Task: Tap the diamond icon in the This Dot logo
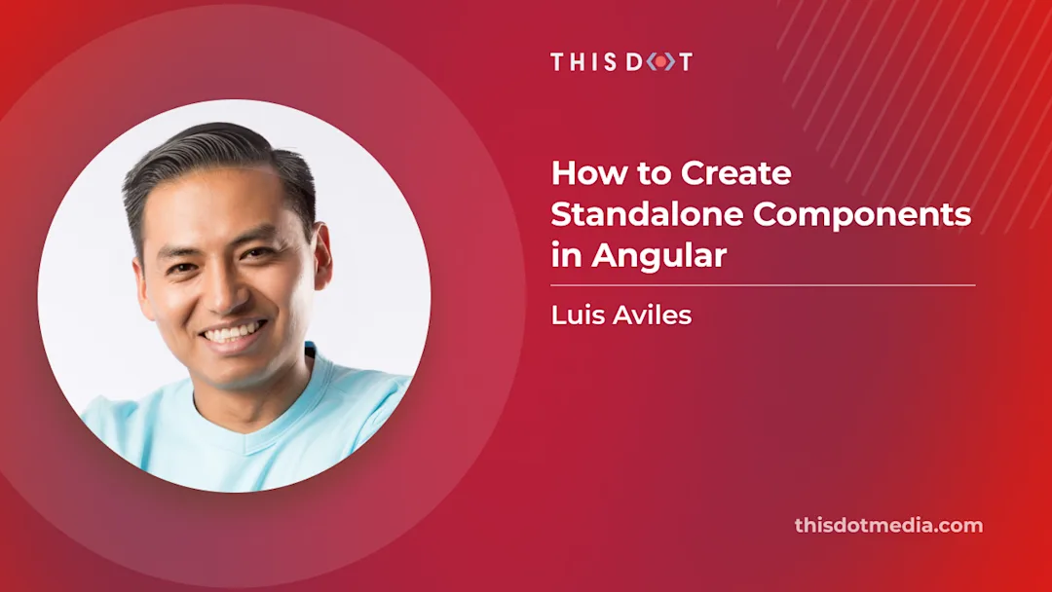[x=659, y=62]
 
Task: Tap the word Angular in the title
[x=659, y=256]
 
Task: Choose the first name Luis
[x=576, y=315]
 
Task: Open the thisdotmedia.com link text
[x=888, y=526]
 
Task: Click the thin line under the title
[x=763, y=285]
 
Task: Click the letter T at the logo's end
[x=685, y=62]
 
